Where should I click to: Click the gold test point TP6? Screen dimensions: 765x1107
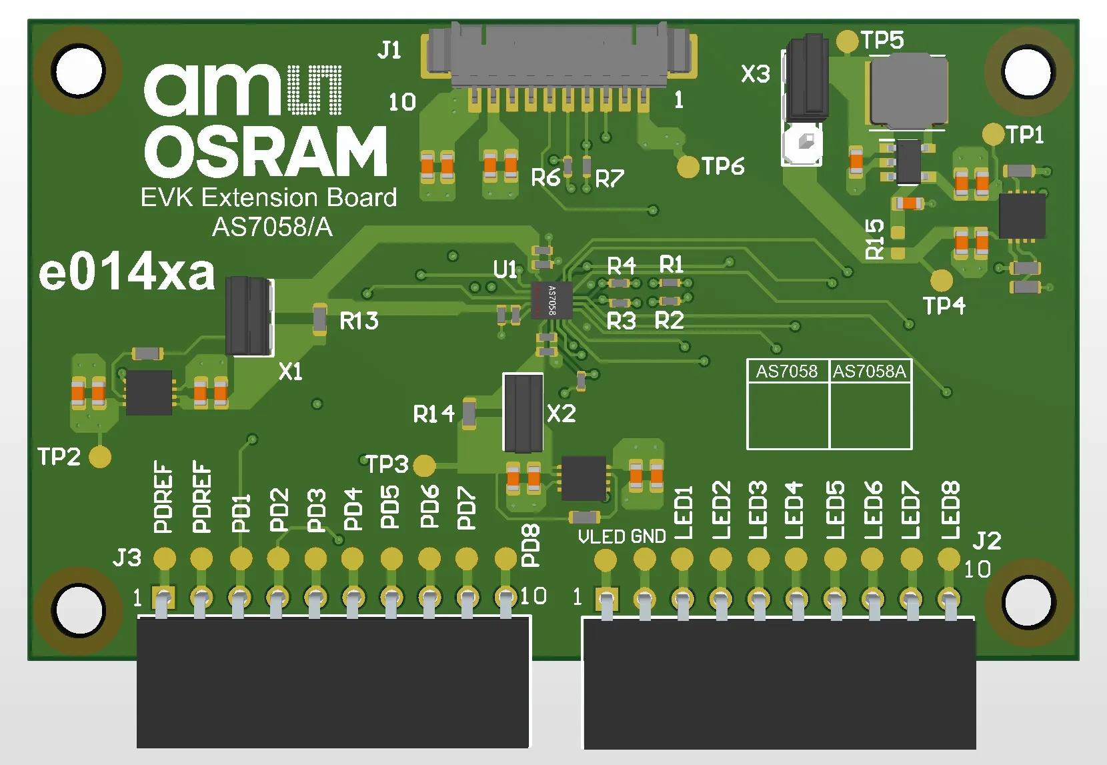pyautogui.click(x=688, y=167)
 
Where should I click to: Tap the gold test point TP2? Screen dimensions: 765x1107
pyautogui.click(x=100, y=457)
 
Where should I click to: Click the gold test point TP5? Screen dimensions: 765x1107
pyautogui.click(x=847, y=41)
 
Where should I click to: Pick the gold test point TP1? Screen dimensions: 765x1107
pyautogui.click(x=994, y=134)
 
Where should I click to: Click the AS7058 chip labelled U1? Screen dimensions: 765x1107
pyautogui.click(x=552, y=299)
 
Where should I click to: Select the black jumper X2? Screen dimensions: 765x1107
pyautogui.click(x=523, y=412)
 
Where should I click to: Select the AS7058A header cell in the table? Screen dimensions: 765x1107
pyautogui.click(x=870, y=371)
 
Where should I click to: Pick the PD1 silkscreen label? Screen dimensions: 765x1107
pyautogui.click(x=241, y=512)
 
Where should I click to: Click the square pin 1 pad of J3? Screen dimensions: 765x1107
pyautogui.click(x=163, y=596)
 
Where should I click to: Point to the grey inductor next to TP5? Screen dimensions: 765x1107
pyautogui.click(x=908, y=91)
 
